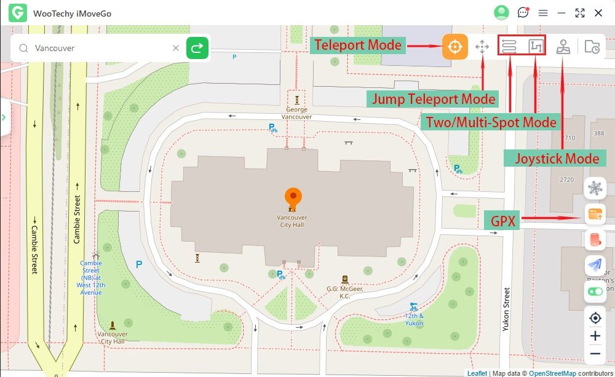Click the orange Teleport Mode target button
pos(454,47)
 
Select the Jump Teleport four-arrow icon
pos(482,47)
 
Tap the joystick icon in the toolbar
pos(563,47)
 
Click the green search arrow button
pos(197,48)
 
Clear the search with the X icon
pos(175,48)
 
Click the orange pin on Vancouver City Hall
pos(293,197)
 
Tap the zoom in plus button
pos(595,336)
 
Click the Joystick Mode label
pos(557,159)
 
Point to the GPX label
pos(502,219)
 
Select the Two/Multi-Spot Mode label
pos(491,122)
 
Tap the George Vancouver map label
pos(296,113)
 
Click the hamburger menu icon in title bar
pos(543,13)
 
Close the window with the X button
pos(598,13)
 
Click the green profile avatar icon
pos(502,13)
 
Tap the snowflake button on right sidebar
pos(595,188)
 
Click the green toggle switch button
pos(595,292)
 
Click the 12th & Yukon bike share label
pos(414,319)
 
